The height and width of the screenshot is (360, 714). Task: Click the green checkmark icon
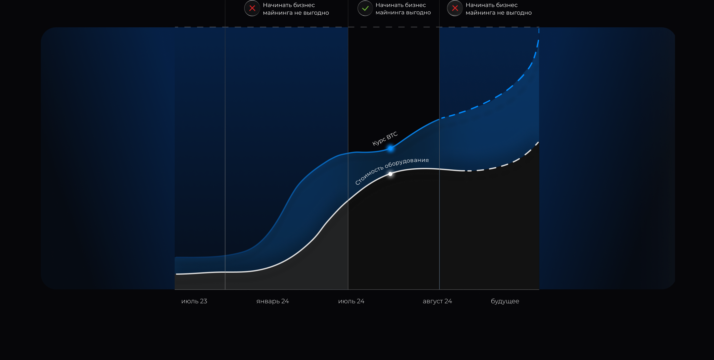(x=365, y=8)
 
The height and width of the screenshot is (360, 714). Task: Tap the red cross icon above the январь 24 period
(x=252, y=8)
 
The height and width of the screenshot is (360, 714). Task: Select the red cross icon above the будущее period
(x=455, y=8)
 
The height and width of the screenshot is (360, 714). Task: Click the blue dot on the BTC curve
(x=390, y=148)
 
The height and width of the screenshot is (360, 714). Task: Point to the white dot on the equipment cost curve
(x=390, y=174)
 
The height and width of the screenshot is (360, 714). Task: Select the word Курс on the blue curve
(x=379, y=141)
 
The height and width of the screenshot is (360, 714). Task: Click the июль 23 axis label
(x=194, y=301)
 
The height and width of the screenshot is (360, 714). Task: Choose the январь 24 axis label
(x=272, y=301)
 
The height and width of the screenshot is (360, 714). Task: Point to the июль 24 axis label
(x=351, y=301)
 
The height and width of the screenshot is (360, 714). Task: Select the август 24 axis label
(x=437, y=301)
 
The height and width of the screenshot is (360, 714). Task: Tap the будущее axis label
(x=505, y=301)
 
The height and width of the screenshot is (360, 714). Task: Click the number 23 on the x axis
(x=203, y=301)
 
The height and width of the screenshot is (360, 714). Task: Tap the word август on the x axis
(x=433, y=302)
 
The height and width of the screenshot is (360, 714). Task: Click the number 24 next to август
(x=448, y=301)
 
